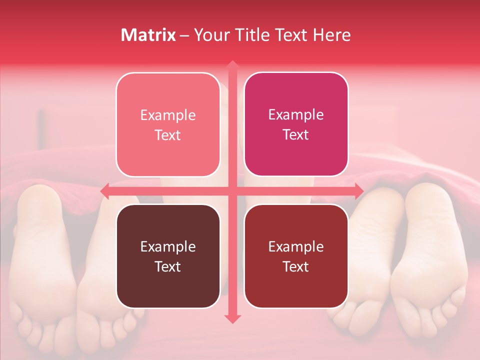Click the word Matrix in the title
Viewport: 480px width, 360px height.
[148, 35]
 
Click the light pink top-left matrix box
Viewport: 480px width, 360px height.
[168, 124]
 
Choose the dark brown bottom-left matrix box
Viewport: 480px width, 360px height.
[168, 256]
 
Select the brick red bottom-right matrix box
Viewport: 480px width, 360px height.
[296, 256]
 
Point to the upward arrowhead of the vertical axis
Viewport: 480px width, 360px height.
[232, 65]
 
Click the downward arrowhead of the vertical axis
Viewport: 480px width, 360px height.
[232, 318]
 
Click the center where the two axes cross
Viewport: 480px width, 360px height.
[232, 191]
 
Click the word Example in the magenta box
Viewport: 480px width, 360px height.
[296, 114]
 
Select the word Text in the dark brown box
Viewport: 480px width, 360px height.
[168, 266]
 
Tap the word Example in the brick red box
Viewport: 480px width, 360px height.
[296, 246]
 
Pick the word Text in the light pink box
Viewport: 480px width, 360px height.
[168, 135]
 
